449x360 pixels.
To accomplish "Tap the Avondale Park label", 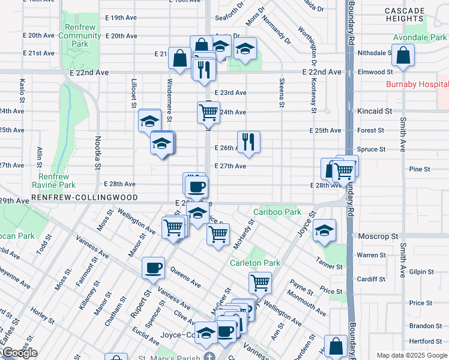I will point(420,37).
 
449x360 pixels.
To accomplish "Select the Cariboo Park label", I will point(277,212).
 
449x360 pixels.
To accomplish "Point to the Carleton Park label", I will point(255,263).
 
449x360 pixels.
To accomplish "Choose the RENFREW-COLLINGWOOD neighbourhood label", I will point(85,197).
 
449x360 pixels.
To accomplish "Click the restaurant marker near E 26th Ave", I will point(249,142).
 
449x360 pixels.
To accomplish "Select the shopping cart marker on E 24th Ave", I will point(208,112).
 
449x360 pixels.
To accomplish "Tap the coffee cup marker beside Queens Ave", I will point(154,268).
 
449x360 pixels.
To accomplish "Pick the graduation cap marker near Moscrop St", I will point(324,230).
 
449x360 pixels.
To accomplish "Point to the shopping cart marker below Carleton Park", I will point(259,282).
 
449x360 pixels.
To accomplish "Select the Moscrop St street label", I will point(378,237).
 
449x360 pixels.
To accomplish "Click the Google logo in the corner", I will point(19,353).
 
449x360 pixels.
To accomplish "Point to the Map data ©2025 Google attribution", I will point(411,355).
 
